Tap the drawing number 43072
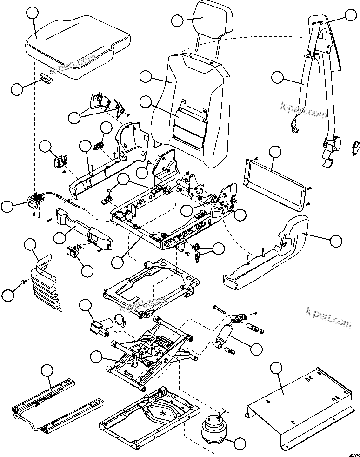point(352,453)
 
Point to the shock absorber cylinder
point(227,335)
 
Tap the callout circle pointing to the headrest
point(179,20)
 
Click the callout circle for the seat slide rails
point(47,371)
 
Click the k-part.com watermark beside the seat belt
point(304,112)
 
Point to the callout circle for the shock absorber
point(257,348)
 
